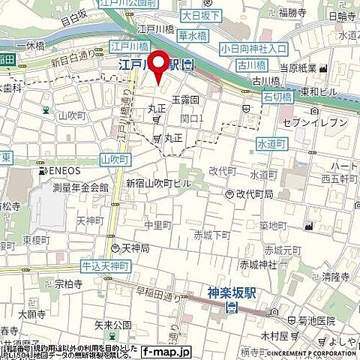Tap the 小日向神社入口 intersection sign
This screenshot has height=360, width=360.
point(254,49)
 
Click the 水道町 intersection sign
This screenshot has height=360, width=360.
point(271,142)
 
